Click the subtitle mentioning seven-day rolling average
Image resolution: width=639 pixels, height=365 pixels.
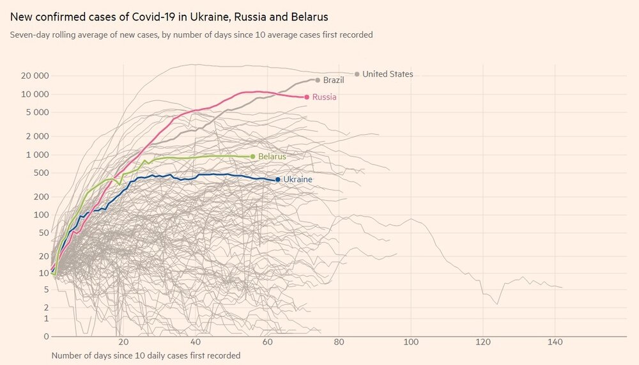[191, 35]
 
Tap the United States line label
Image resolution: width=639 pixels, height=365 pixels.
[387, 74]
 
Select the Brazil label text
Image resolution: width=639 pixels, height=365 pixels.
[334, 81]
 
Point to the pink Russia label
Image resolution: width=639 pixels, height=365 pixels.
[324, 97]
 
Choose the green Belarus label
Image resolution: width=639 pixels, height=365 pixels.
[272, 156]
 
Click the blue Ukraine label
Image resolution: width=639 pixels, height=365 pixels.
[297, 180]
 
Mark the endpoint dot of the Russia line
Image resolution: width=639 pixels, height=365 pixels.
[307, 97]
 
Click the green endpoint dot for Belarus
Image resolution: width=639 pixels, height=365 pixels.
[253, 156]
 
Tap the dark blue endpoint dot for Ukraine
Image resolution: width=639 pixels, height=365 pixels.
[277, 180]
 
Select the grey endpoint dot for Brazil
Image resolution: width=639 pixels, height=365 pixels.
[318, 80]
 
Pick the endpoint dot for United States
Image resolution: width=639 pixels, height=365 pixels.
[357, 74]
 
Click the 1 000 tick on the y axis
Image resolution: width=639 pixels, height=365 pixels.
[38, 155]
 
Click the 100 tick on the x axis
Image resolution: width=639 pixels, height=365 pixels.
[410, 342]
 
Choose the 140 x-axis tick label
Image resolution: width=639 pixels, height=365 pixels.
[553, 342]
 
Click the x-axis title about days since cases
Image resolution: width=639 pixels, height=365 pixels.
[146, 355]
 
